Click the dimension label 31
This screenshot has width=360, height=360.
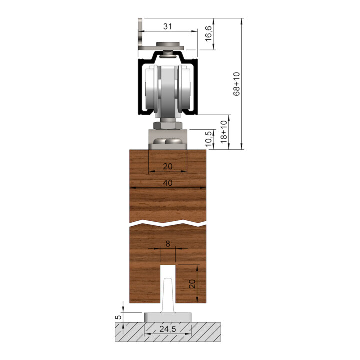coord(167,27)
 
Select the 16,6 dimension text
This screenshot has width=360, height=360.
coord(208,34)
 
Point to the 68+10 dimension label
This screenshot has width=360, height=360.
coord(236,84)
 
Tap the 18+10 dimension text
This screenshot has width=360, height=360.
coord(224,132)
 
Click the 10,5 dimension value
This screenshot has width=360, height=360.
coord(209,139)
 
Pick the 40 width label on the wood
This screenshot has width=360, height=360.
coord(168,183)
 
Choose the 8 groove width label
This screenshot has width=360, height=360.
coord(168,244)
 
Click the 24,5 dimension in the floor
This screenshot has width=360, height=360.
coord(168,329)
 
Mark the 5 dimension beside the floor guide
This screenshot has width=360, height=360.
coord(118,317)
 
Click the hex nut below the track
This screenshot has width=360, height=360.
coord(168,125)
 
